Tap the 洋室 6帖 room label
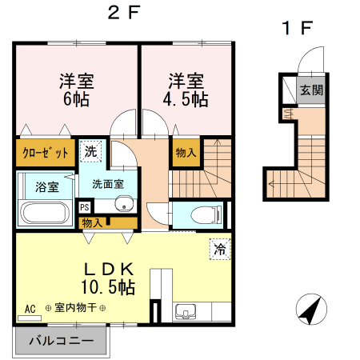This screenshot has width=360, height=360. [x=76, y=89]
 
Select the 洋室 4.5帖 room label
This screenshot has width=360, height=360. [x=186, y=89]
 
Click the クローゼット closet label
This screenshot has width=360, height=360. [x=45, y=152]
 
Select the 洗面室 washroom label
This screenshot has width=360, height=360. [x=107, y=183]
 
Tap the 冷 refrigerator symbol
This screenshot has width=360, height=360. [x=218, y=249]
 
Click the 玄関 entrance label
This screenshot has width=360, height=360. [x=312, y=90]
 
